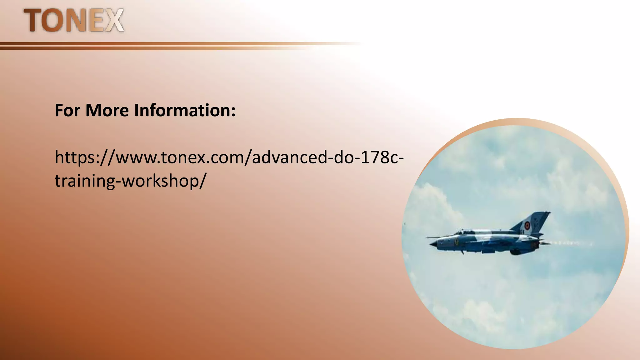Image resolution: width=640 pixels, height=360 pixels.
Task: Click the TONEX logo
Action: [x=74, y=20]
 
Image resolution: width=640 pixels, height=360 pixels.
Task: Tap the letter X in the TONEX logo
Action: [x=113, y=20]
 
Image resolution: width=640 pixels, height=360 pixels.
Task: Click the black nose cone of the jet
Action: [x=432, y=245]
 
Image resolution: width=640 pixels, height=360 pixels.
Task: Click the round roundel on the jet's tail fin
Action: [x=527, y=225]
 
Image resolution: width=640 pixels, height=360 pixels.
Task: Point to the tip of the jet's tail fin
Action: [x=548, y=213]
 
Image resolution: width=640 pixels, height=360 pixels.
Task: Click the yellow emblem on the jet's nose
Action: [x=457, y=242]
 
